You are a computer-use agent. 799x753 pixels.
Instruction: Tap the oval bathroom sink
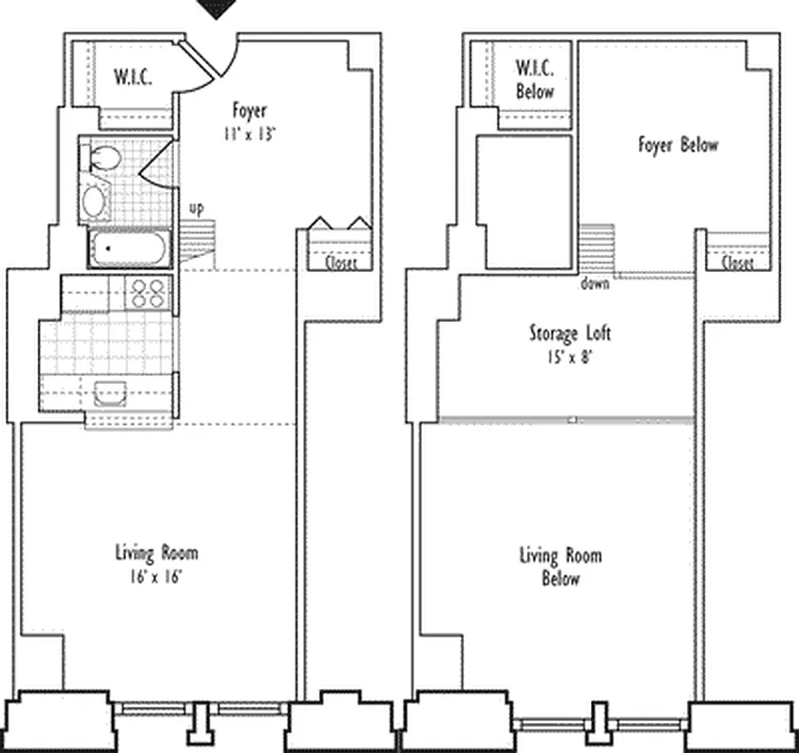click(x=95, y=200)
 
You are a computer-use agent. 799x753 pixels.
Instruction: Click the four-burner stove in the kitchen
click(x=148, y=294)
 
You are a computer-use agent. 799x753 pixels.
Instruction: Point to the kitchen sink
click(x=111, y=393)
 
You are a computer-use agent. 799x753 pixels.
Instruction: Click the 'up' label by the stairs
click(x=196, y=208)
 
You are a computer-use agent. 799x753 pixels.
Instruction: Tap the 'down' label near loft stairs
click(x=595, y=283)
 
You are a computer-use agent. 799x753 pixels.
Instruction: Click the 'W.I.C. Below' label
click(x=534, y=80)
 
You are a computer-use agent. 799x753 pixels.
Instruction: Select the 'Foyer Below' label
click(x=678, y=145)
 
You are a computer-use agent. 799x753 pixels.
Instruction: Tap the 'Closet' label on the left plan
click(x=341, y=264)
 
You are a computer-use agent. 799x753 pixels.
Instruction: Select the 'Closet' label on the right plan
click(x=737, y=264)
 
